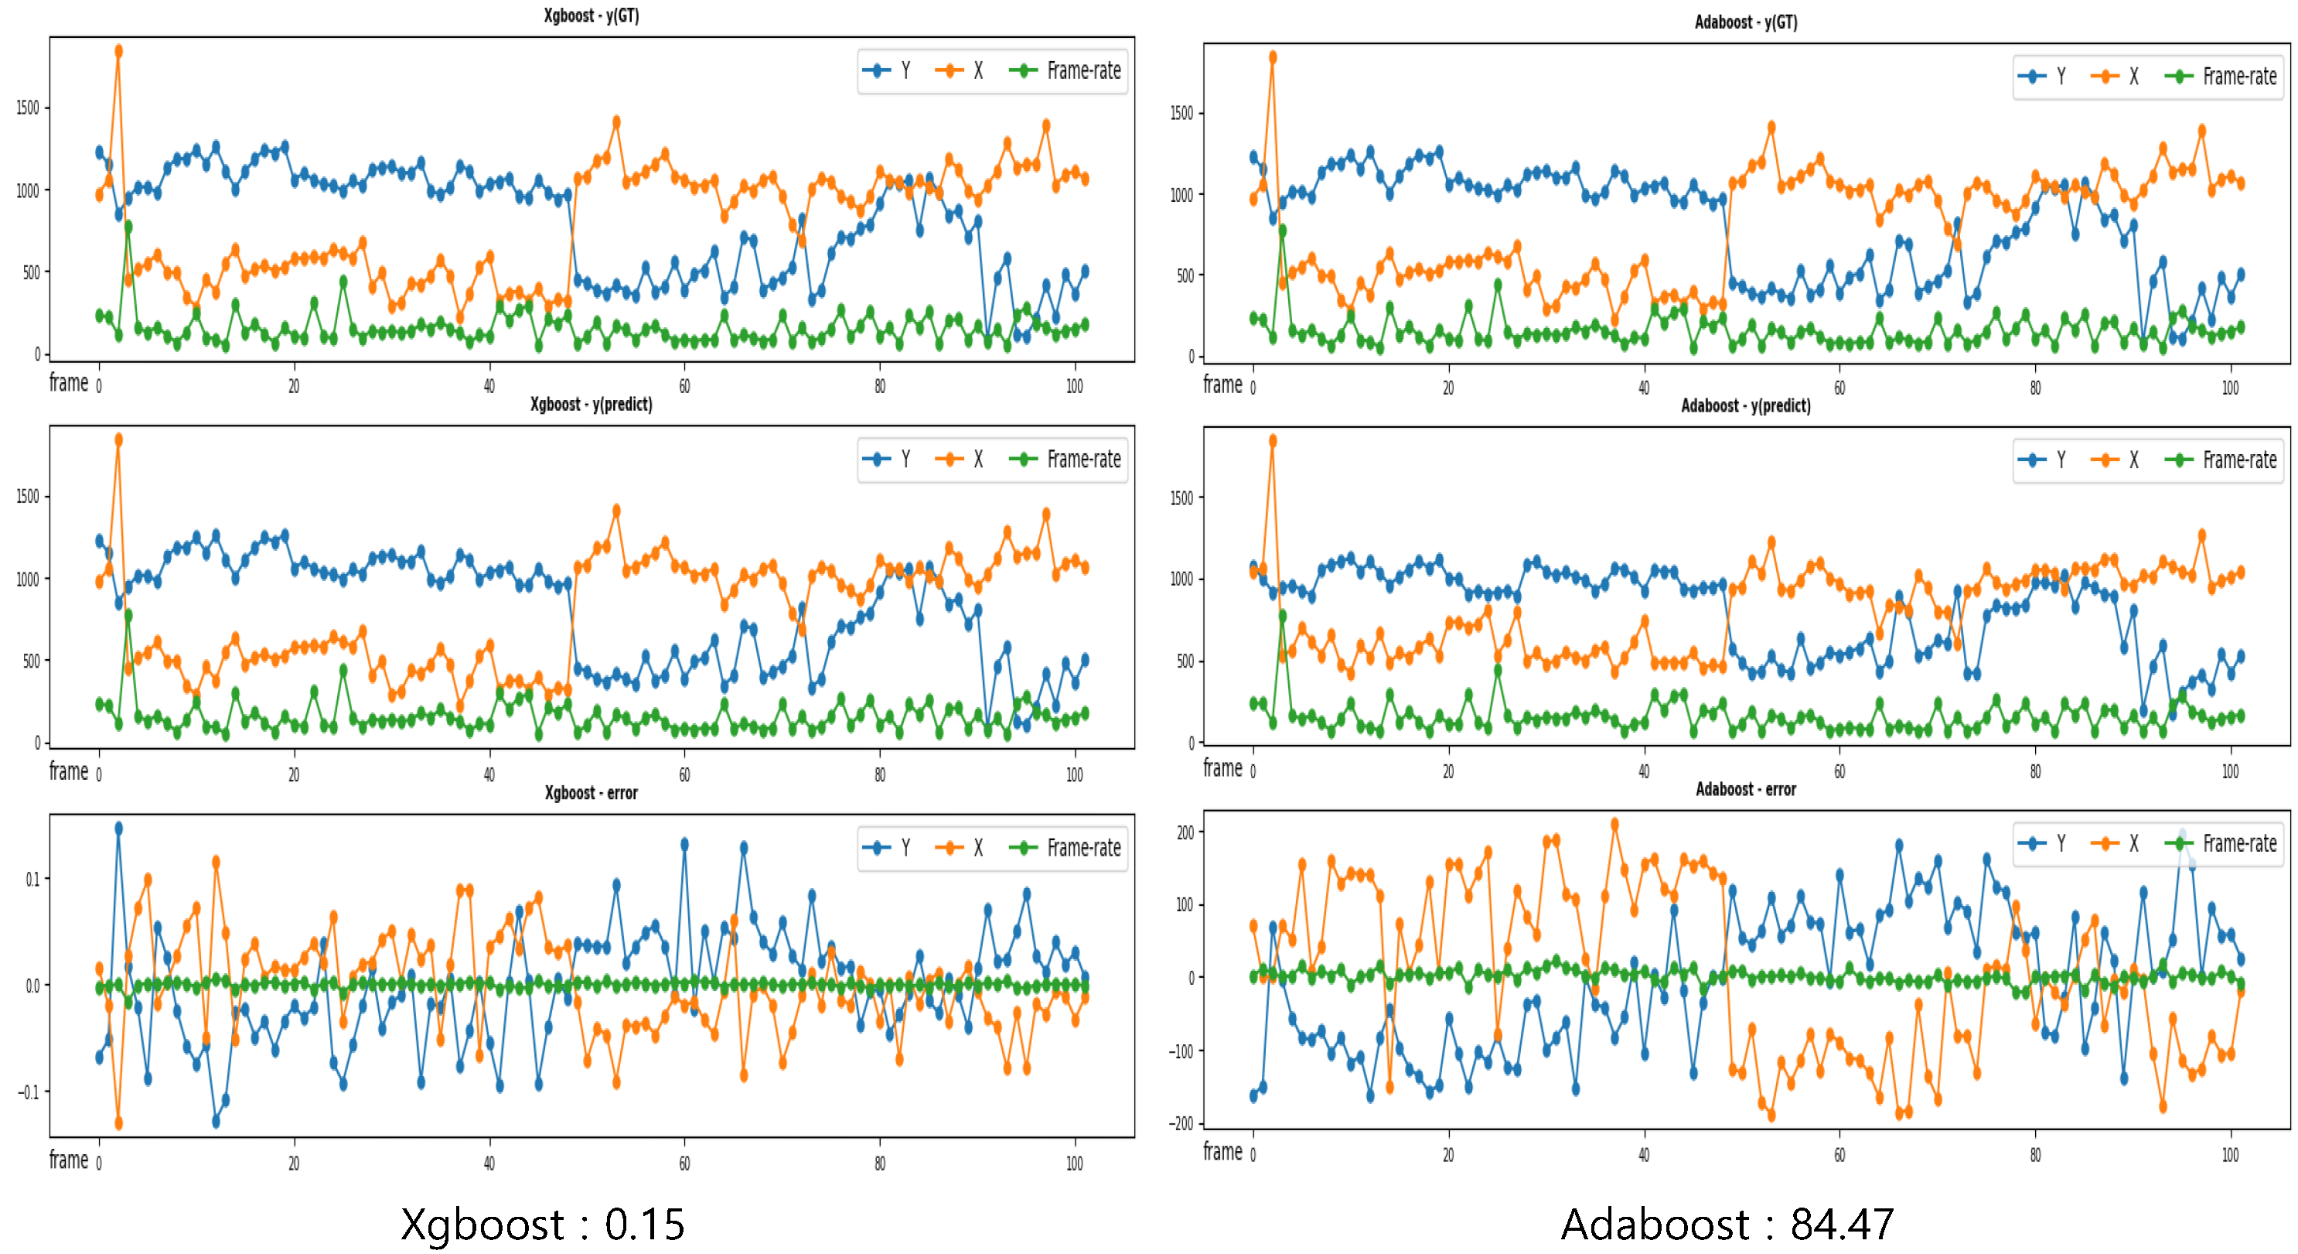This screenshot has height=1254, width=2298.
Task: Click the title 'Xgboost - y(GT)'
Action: [x=591, y=15]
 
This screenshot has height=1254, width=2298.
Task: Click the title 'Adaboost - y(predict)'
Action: [x=1745, y=405]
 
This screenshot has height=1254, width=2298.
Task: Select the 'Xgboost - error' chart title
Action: [x=591, y=793]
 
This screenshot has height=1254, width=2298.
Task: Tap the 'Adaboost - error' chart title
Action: [x=1745, y=789]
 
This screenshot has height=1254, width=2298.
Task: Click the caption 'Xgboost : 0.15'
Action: [x=542, y=1224]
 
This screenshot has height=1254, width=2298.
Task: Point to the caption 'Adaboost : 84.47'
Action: [x=1727, y=1224]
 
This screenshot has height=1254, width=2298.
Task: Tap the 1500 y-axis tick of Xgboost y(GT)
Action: [x=29, y=108]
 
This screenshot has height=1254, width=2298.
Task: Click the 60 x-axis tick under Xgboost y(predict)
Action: [x=684, y=774]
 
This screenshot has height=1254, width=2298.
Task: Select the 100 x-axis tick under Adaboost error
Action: [x=2229, y=1155]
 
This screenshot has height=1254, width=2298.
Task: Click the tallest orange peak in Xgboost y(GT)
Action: [x=118, y=51]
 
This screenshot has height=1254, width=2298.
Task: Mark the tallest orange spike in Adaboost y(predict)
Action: [x=1272, y=441]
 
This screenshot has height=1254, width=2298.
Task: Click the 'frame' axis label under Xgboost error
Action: [x=69, y=1160]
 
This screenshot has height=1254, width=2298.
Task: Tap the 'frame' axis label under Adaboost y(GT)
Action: [x=1222, y=384]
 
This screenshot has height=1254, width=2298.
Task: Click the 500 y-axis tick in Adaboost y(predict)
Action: [x=1184, y=661]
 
